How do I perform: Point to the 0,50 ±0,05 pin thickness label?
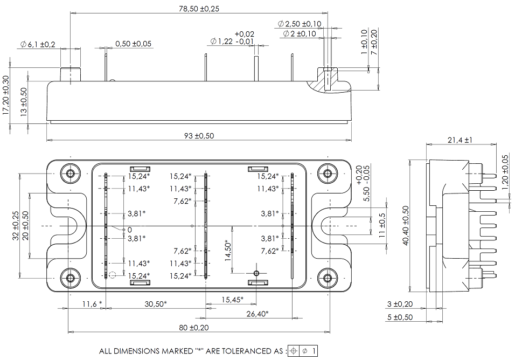tap(133, 44)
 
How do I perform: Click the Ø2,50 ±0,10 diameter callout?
tap(300, 24)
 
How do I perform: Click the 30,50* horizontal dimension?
tap(156, 304)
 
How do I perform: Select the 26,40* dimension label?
tap(257, 314)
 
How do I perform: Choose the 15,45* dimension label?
tap(232, 299)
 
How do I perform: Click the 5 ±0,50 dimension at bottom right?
tap(399, 317)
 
